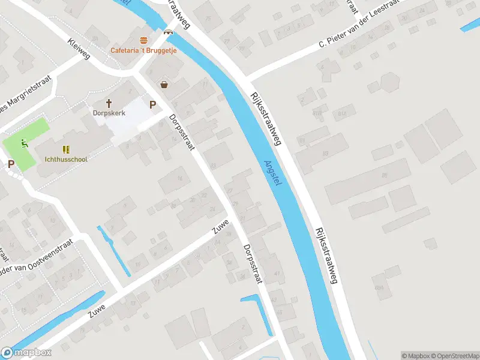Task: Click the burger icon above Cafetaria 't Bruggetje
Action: [x=143, y=41]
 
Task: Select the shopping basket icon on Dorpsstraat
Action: [x=163, y=85]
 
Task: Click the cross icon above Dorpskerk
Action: [x=109, y=103]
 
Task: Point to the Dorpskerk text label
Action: [x=109, y=113]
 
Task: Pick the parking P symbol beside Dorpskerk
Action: [x=153, y=104]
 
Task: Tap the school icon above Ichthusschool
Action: [x=66, y=149]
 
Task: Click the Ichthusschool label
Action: [x=66, y=160]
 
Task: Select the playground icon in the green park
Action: [x=24, y=143]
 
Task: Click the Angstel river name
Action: [x=273, y=172]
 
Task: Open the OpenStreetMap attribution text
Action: [x=457, y=356]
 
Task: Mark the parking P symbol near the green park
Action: [x=11, y=164]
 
